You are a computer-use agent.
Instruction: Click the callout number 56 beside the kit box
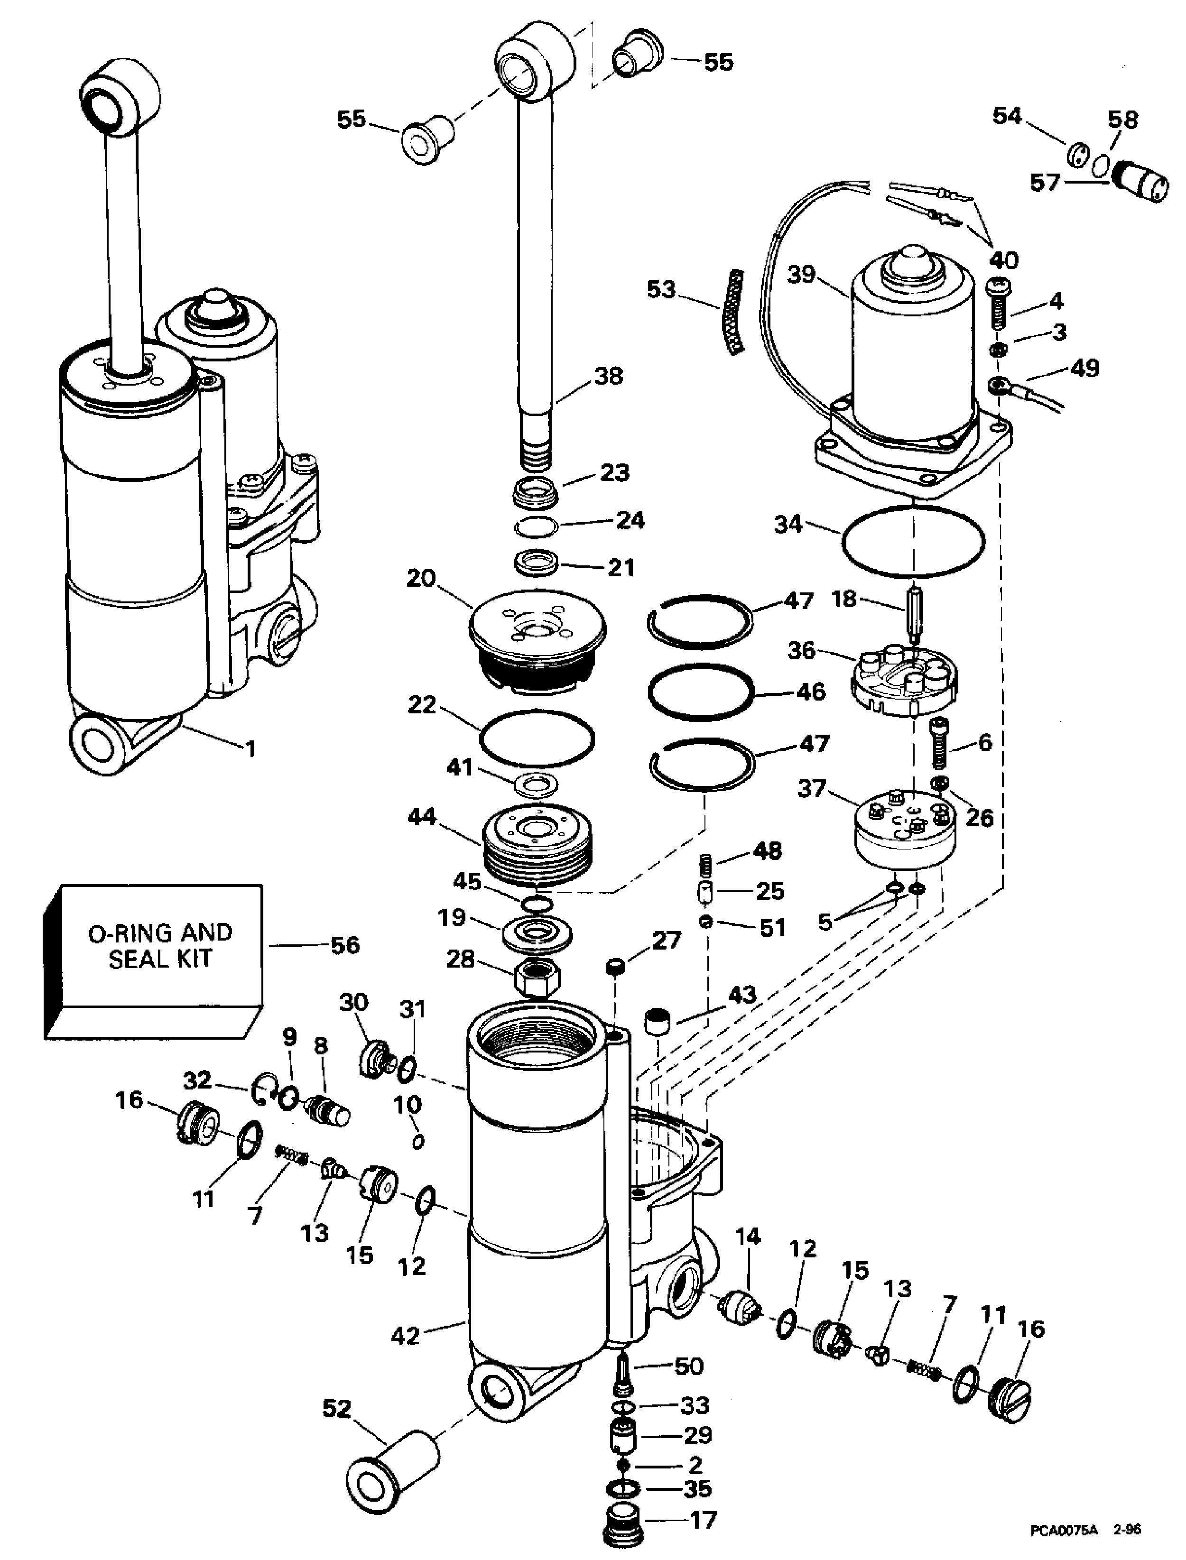point(345,945)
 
